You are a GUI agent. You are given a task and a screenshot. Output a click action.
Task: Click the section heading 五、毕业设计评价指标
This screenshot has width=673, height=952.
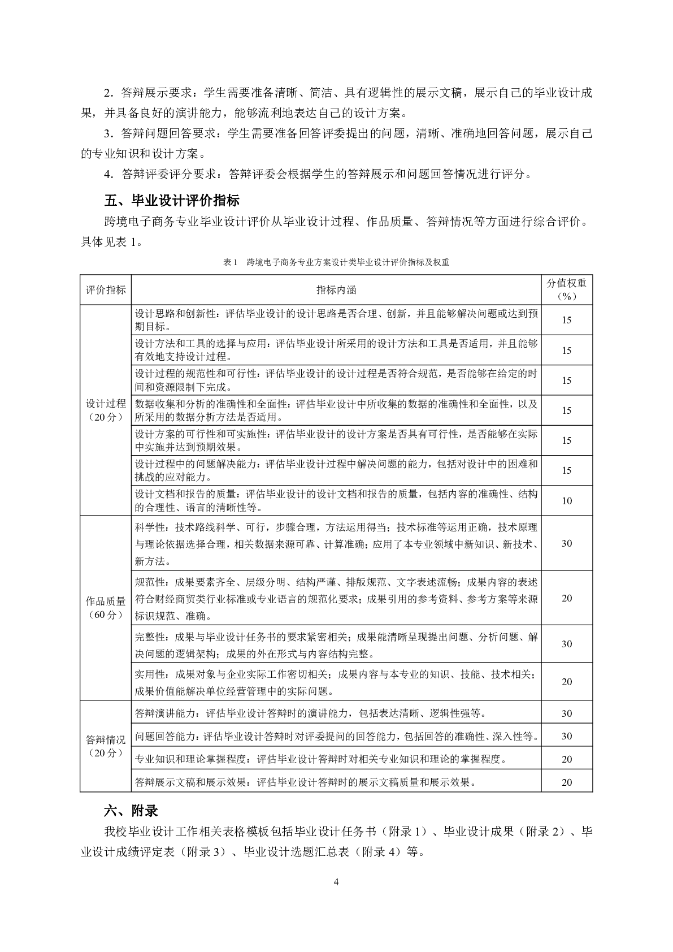(x=172, y=201)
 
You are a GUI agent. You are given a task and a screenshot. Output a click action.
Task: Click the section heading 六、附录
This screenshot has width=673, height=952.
(x=131, y=811)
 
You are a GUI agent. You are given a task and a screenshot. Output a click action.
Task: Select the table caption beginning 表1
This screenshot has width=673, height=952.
(x=336, y=262)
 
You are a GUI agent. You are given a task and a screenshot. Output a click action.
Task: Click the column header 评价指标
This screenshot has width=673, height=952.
(x=106, y=290)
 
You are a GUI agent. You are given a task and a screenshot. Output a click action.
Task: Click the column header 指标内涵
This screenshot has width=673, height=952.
(x=336, y=290)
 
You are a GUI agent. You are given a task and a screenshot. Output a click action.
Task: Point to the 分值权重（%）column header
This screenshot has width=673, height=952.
(x=567, y=289)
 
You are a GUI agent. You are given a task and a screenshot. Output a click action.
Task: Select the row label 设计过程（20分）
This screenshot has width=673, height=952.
(x=106, y=410)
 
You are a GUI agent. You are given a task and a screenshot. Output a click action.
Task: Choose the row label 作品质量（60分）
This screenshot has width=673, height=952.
(x=106, y=608)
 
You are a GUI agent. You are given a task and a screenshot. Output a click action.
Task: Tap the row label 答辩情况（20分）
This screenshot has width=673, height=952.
(x=106, y=746)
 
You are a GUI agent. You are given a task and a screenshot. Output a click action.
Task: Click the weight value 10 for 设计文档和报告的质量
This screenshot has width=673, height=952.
(x=567, y=501)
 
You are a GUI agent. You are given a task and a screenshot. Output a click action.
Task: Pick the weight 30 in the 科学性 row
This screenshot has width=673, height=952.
(x=567, y=543)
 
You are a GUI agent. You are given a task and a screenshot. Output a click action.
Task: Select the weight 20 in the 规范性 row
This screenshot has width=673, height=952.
(x=567, y=598)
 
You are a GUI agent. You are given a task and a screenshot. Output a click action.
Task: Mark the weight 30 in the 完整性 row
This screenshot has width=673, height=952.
(x=567, y=644)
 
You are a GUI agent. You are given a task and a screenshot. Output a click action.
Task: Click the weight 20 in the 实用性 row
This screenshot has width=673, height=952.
(x=567, y=682)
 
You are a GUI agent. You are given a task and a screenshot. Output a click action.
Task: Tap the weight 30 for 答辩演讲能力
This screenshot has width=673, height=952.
(x=567, y=713)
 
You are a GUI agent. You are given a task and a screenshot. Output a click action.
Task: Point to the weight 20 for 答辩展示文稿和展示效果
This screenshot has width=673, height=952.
(x=567, y=782)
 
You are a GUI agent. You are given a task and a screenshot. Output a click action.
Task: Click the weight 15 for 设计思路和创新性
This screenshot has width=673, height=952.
(x=567, y=320)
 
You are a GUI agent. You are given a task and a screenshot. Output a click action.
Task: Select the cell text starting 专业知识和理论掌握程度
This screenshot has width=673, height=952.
(x=321, y=759)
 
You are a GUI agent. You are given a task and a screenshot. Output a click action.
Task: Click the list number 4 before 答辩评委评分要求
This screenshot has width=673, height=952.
(x=107, y=175)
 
